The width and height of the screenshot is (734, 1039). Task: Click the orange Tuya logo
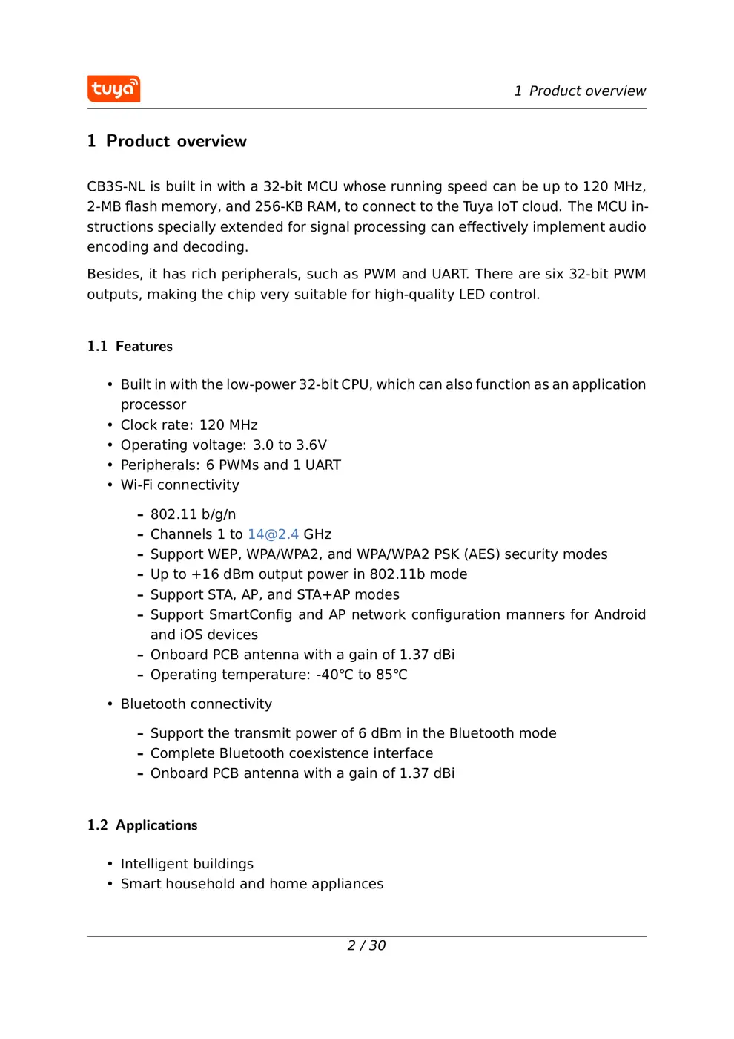[x=113, y=89]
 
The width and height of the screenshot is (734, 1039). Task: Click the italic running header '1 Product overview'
[x=580, y=91]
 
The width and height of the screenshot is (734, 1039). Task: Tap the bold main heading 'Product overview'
[x=176, y=141]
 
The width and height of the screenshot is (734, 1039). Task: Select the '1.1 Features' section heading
[x=130, y=347]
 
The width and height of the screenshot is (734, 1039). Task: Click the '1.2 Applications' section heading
[x=142, y=825]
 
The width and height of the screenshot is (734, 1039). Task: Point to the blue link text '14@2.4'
[x=273, y=534]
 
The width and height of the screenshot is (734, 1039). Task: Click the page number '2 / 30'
[x=366, y=945]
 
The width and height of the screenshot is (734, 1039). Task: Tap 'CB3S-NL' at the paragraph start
[x=116, y=186]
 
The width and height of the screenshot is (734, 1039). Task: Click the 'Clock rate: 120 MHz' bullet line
[x=189, y=425]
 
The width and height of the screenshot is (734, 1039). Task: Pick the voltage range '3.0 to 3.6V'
[x=290, y=445]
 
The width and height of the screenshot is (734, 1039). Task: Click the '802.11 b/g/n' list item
[x=193, y=514]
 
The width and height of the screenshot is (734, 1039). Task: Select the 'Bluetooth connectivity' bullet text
[x=196, y=704]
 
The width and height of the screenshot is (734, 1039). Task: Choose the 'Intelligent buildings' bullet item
[x=187, y=864]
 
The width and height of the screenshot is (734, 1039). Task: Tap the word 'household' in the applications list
[x=196, y=884]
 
